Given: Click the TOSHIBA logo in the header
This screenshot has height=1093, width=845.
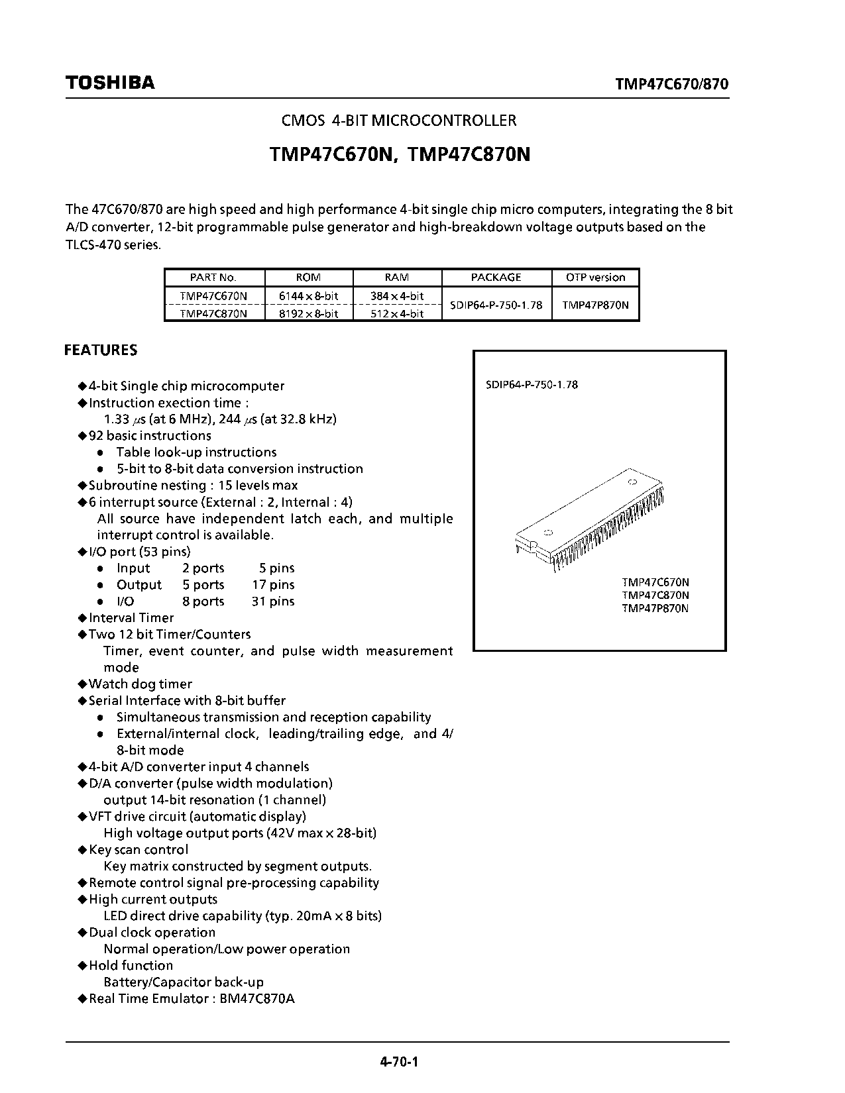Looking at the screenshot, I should pos(109,83).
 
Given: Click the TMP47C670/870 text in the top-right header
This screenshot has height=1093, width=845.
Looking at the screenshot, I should pos(672,84).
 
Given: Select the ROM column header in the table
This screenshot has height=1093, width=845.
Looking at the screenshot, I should pos(309,278).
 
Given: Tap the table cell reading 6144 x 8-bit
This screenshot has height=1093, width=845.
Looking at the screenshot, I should pos(309,295).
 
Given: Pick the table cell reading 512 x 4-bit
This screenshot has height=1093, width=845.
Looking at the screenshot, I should pos(397,313).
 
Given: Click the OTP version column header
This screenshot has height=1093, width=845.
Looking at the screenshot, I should pos(595,278).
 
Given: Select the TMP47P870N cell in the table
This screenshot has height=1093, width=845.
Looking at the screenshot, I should pos(595,305).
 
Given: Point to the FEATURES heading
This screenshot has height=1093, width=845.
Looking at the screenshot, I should pos(101,350).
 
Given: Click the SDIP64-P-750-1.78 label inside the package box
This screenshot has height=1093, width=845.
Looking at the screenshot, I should pos(528,385).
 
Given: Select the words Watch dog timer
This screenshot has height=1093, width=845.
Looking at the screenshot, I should pos(141,684).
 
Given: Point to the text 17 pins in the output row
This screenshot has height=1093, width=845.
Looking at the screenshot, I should pos(273,585).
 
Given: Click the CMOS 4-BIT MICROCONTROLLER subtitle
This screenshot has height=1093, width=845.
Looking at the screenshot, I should pos(399,121).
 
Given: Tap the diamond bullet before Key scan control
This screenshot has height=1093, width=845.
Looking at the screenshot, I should pos(82,849).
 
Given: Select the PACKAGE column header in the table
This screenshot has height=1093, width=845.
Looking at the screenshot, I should pos(496,278).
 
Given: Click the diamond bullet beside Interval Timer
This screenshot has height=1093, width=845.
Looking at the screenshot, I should pos(82,617).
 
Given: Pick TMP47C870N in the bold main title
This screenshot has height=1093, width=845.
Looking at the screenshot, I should pos(469,154).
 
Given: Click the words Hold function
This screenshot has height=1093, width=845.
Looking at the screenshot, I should pos(131,965).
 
